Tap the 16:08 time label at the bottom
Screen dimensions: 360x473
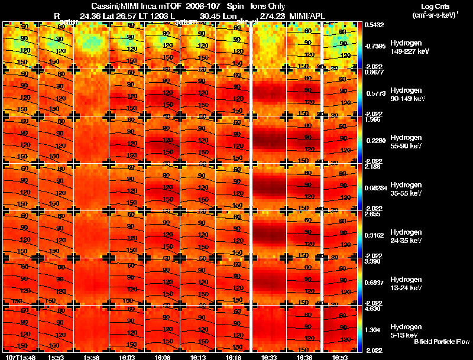point(162,357)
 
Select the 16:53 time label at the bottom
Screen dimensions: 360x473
point(339,357)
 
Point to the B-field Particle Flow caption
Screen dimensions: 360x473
point(441,342)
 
